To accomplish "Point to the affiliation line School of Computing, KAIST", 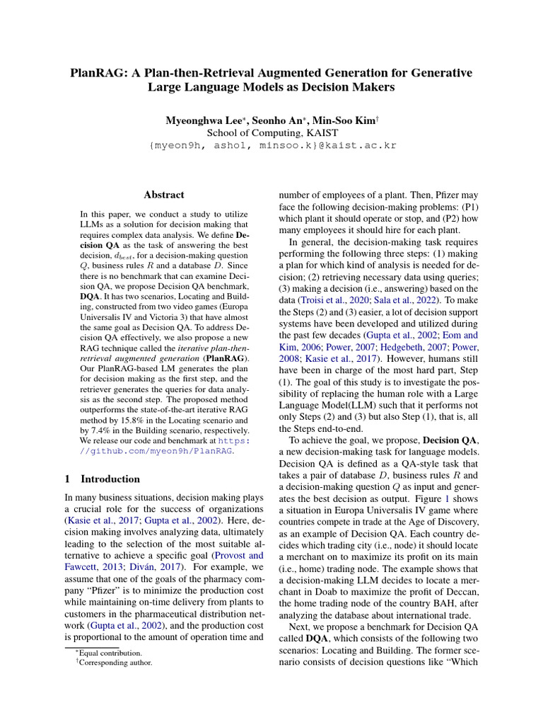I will pos(272,133).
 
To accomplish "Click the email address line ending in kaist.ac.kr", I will pos(272,146).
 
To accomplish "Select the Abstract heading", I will pos(164,195).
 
